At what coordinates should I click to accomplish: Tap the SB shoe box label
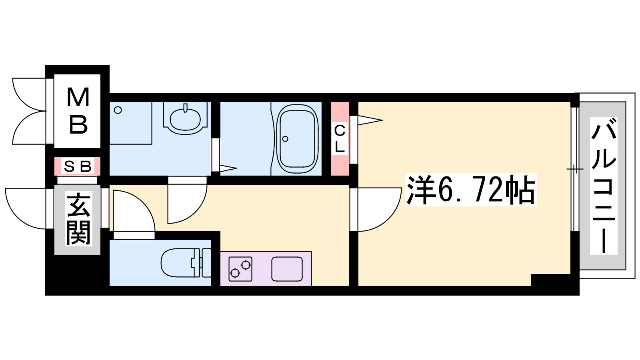click(78, 166)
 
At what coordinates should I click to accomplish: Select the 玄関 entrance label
click(78, 219)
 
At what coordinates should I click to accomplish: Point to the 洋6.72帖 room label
click(470, 190)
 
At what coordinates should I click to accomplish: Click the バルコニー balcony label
click(604, 186)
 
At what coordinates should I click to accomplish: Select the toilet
click(186, 263)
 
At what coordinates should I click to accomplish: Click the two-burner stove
click(240, 269)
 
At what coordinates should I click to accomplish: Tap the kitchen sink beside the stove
click(287, 269)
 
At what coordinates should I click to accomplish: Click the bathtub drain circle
click(285, 139)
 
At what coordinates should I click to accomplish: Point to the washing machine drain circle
click(118, 110)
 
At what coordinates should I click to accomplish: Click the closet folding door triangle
click(370, 120)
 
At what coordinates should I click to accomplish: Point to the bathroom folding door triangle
click(228, 168)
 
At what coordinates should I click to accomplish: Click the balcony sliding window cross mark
click(575, 170)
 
